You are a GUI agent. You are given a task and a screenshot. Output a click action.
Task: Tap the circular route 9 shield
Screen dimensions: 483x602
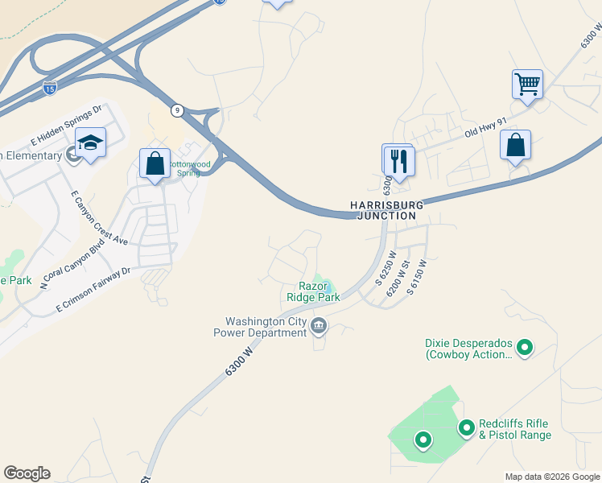coord(176,109)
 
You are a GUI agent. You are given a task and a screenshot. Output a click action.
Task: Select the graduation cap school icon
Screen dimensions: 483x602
coord(91,142)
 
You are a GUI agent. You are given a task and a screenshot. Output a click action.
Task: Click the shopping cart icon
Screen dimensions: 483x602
coord(527,83)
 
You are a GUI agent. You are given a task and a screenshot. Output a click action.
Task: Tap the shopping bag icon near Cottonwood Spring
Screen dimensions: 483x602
coord(154,163)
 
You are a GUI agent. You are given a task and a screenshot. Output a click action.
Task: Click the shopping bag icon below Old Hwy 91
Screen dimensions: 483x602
coord(515,145)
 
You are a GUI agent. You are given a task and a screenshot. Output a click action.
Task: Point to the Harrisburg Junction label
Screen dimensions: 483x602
coord(384,210)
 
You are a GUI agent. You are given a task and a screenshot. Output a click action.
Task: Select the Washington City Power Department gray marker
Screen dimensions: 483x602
coord(319,326)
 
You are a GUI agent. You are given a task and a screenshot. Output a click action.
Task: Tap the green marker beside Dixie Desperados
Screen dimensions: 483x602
coord(525,348)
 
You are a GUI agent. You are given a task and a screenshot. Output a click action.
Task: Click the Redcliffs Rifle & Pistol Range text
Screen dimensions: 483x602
coord(515,430)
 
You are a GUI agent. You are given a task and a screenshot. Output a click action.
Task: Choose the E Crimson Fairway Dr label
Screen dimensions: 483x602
coord(93,291)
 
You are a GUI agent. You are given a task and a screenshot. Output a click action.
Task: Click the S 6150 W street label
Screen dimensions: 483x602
coord(415,278)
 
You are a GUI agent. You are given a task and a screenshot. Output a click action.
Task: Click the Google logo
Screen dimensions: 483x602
coord(27,473)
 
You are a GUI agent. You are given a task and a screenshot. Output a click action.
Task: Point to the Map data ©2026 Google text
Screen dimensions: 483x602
coord(552,477)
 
